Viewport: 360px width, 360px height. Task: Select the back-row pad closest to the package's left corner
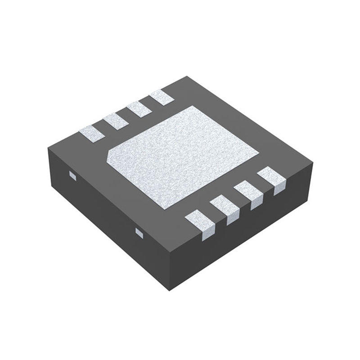pos(91,133)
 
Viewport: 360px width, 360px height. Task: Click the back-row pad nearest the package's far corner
pos(162,97)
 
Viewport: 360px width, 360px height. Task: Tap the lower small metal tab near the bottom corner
pos(139,232)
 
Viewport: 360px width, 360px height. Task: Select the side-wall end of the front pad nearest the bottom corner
pos(208,234)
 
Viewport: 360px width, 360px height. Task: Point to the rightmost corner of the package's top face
pos(312,165)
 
